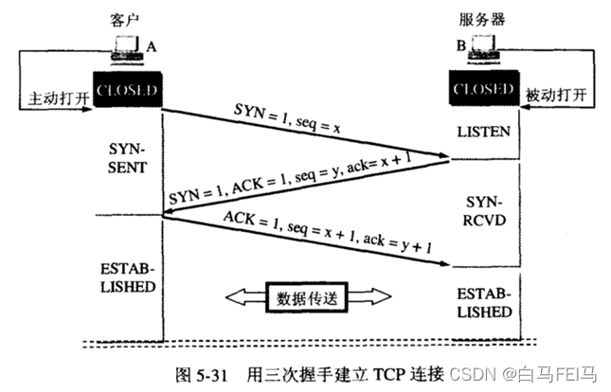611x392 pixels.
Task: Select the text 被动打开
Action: pos(559,96)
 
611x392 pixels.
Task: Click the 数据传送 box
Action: pos(305,296)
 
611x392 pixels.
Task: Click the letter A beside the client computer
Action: pos(150,45)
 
